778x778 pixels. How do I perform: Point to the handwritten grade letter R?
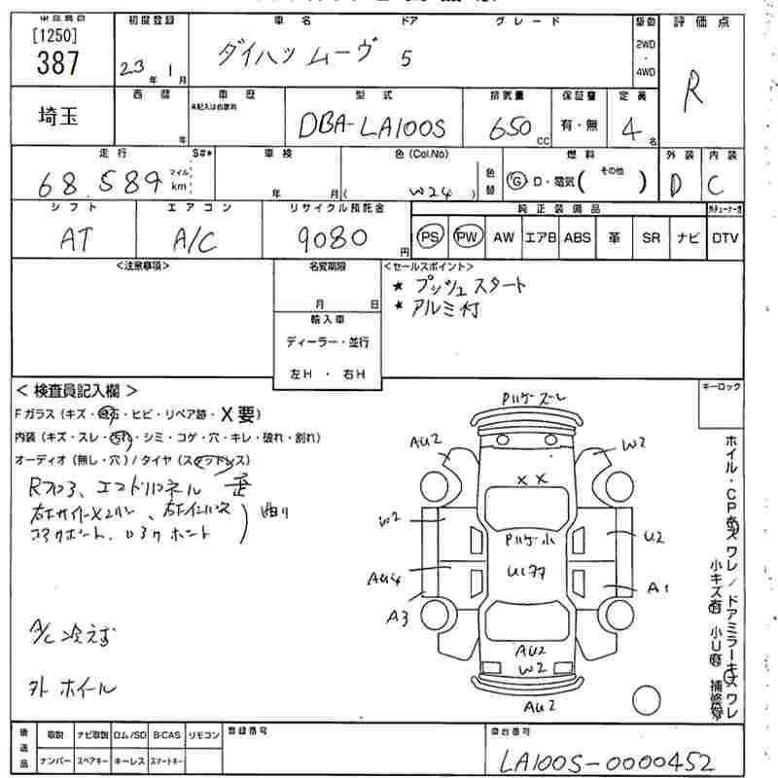click(695, 95)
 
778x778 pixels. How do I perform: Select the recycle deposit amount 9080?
click(330, 237)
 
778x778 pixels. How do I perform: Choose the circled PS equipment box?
click(429, 237)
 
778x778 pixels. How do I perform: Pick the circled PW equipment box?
click(467, 237)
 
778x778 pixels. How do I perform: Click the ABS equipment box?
click(577, 237)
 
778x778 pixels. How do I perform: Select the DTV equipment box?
click(725, 237)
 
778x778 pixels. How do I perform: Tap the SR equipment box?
click(652, 237)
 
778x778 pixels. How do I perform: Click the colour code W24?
click(431, 191)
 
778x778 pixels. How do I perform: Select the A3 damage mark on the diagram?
click(397, 616)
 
